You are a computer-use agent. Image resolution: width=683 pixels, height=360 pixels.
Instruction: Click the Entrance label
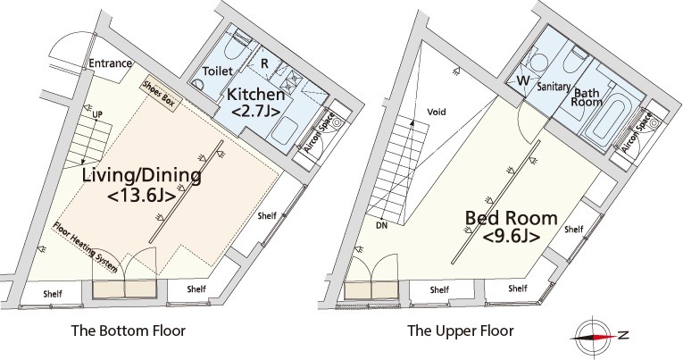tap(110, 63)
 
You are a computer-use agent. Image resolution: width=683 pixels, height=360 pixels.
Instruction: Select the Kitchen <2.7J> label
tap(255, 103)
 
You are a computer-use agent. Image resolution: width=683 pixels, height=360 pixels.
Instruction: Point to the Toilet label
tap(217, 71)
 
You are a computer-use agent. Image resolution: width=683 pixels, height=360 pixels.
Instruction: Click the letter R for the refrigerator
tap(264, 63)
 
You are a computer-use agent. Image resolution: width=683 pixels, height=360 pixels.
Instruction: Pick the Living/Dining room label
tap(142, 185)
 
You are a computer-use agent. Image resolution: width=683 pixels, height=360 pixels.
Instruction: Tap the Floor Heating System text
tap(86, 247)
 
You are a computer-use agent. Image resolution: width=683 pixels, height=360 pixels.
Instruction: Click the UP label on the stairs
tap(97, 114)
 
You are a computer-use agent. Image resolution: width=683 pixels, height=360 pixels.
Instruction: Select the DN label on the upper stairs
tap(381, 225)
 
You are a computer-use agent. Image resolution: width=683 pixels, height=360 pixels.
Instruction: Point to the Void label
tap(436, 112)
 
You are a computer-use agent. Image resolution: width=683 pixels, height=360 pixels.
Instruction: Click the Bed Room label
tap(512, 227)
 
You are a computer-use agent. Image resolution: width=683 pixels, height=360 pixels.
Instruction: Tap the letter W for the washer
tap(523, 80)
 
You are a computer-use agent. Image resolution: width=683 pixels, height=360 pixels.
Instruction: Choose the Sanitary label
tap(554, 87)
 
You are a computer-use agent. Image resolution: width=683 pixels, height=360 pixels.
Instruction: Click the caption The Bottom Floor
tap(129, 331)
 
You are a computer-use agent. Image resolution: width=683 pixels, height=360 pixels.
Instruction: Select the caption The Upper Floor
tap(461, 331)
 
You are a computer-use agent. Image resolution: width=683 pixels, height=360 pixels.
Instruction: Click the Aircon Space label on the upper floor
tap(637, 133)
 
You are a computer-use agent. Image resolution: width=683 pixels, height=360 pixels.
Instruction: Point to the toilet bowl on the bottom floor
tap(234, 46)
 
